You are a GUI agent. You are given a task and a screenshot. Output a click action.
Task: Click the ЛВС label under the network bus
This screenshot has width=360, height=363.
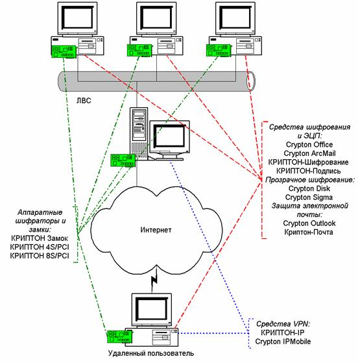coord(84,101)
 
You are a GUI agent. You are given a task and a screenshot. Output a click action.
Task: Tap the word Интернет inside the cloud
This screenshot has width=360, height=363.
coord(156,230)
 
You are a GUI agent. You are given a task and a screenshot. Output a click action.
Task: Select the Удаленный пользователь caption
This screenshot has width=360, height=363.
coord(151,353)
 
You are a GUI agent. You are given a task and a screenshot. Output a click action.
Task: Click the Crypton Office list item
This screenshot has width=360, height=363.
coord(309,145)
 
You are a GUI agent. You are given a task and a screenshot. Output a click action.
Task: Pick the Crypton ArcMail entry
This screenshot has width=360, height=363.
coord(309,153)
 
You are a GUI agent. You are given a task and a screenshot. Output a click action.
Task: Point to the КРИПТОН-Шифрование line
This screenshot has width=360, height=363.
coord(309,162)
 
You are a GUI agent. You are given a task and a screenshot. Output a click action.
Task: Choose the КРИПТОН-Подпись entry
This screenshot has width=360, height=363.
coord(309,171)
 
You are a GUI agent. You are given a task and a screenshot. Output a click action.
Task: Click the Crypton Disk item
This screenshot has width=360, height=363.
coord(309,188)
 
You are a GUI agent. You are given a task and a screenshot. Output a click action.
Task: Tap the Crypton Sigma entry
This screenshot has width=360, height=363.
coord(309,197)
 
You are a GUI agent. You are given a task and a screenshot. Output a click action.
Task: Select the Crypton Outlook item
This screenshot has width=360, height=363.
coord(309,223)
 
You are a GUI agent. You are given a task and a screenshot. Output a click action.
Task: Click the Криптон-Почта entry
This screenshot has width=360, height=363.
coord(309,232)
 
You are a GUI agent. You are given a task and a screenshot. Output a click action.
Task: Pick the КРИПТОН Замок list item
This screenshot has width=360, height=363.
coord(40,238)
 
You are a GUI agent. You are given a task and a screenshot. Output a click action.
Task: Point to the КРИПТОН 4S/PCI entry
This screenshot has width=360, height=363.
coord(40,247)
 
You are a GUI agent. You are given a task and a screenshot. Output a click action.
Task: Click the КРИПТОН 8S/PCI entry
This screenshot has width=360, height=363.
coord(40,256)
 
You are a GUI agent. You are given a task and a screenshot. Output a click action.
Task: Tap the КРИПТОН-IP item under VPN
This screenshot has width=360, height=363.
coord(283,332)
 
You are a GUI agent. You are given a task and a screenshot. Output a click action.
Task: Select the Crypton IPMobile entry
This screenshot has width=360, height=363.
coord(283,342)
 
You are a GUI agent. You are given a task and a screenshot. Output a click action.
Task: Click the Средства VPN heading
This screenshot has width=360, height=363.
coord(283,324)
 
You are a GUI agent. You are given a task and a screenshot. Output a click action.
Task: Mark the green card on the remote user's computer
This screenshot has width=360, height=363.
coord(119,336)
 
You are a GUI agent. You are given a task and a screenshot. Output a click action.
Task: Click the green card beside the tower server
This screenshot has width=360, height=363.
coord(123,160)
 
